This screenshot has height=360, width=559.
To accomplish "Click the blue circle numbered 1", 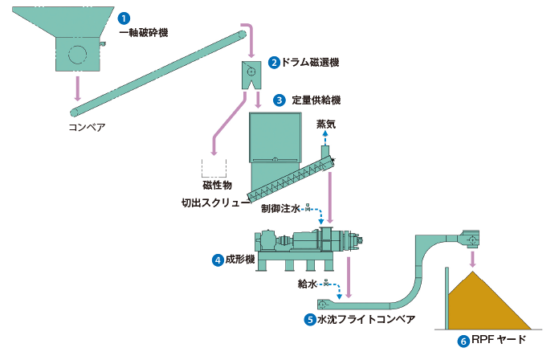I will (x=123, y=18).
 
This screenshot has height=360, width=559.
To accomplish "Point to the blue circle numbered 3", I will (x=279, y=100).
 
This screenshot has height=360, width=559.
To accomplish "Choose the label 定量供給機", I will (x=316, y=100).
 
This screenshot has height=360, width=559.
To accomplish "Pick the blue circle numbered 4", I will (x=217, y=260).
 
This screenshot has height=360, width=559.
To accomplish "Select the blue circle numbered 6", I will (x=463, y=341).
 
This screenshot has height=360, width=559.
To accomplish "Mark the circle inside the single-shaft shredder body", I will (x=78, y=55).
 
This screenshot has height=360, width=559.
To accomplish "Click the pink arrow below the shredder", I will (x=78, y=88).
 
